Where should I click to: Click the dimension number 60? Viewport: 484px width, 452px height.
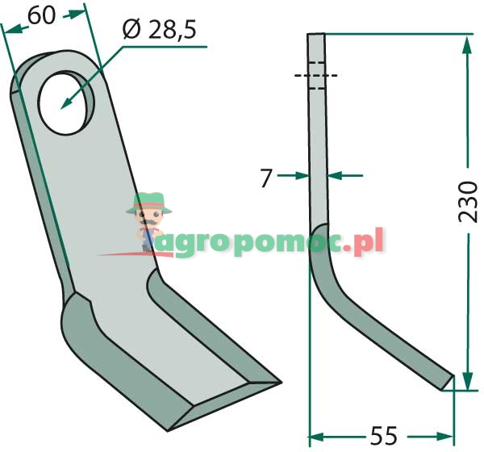tap(42, 15)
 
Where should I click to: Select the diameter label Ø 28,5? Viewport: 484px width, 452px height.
tap(159, 30)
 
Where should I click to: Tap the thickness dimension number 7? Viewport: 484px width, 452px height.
tap(265, 178)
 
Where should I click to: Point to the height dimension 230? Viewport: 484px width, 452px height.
tap(468, 202)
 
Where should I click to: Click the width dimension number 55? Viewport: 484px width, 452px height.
tap(384, 436)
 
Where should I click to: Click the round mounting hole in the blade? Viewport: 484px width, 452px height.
tap(65, 103)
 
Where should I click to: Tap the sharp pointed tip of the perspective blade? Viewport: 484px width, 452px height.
tap(280, 383)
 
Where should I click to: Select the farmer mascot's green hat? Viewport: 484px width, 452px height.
tap(148, 203)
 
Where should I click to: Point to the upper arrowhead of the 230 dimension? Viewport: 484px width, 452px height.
tap(467, 46)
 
